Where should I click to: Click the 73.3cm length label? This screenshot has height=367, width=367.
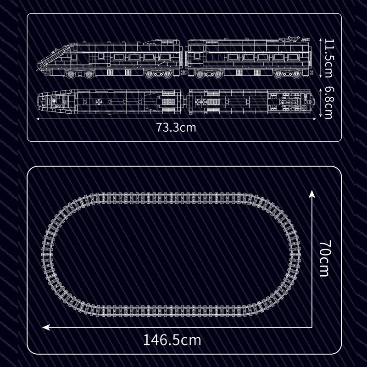176,128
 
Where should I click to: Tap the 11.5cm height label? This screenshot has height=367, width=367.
328,58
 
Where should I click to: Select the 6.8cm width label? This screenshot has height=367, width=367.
328,103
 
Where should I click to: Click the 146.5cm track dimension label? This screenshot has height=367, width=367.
172,340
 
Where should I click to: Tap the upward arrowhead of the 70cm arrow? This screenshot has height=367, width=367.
312,194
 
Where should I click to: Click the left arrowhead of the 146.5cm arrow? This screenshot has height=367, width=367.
46,327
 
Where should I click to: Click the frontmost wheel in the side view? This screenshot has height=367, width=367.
71,74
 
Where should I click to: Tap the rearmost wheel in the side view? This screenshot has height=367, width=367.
297,74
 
